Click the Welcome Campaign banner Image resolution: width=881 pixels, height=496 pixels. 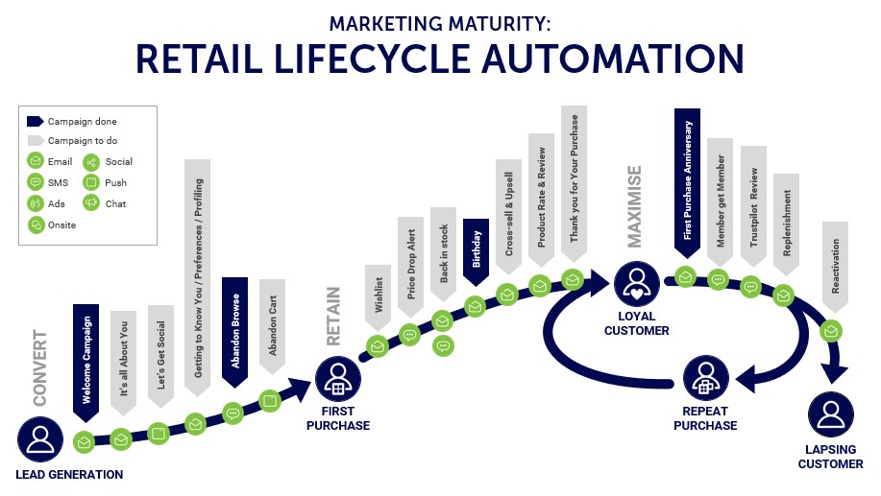pyautogui.click(x=86, y=362)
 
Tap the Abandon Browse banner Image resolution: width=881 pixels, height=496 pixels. pyautogui.click(x=234, y=332)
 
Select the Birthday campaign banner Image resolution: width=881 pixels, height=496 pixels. pyautogui.click(x=476, y=251)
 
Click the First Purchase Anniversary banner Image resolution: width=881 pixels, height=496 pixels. pyautogui.click(x=687, y=182)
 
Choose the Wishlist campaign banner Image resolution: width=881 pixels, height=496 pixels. pyautogui.click(x=379, y=297)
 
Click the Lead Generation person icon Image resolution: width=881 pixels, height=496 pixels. pyautogui.click(x=40, y=438)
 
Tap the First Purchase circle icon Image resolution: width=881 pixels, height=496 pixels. pyautogui.click(x=337, y=379)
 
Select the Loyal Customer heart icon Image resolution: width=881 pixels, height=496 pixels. pyautogui.click(x=637, y=283)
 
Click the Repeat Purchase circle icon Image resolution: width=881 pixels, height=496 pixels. pyautogui.click(x=706, y=378)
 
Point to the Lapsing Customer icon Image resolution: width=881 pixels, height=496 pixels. pyautogui.click(x=830, y=414)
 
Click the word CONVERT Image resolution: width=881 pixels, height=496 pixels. pyautogui.click(x=40, y=368)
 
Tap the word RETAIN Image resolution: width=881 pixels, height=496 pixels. pyautogui.click(x=333, y=317)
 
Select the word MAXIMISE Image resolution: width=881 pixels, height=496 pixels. pyautogui.click(x=634, y=206)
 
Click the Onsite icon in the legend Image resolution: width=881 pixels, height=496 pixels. pyautogui.click(x=36, y=225)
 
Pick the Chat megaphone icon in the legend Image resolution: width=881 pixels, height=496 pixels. pyautogui.click(x=91, y=203)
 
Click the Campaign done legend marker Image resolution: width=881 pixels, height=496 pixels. pyautogui.click(x=35, y=121)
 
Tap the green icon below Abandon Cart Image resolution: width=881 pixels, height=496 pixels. pyautogui.click(x=270, y=401)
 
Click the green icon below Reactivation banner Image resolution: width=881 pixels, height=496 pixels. pyautogui.click(x=830, y=331)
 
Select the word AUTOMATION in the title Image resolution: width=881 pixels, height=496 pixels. pyautogui.click(x=613, y=59)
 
